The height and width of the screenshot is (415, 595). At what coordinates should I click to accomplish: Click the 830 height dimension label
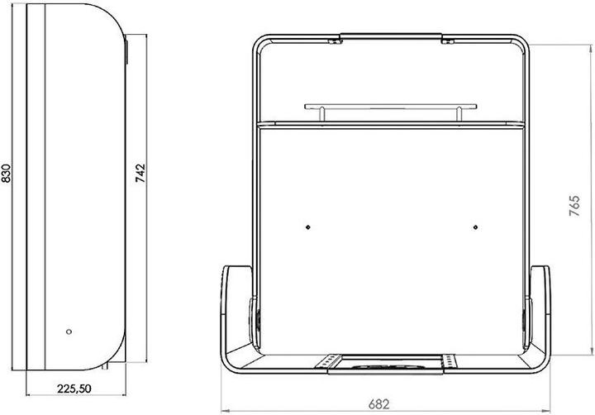point(7,174)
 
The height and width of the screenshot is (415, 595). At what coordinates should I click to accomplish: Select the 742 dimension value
point(140,173)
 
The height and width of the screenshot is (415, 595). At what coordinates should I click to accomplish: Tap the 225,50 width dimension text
point(74,389)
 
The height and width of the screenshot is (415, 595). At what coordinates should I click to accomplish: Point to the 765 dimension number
point(574,206)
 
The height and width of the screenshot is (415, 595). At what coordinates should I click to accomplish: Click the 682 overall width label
point(378,404)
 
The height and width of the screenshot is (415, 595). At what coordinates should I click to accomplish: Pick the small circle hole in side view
point(69,332)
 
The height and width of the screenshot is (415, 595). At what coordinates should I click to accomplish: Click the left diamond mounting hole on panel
point(308,227)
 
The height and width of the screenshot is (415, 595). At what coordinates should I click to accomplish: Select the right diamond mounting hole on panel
point(475,227)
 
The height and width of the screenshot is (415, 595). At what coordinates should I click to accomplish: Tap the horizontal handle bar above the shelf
point(390,107)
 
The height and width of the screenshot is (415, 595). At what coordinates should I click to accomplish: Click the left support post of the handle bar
point(321,114)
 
